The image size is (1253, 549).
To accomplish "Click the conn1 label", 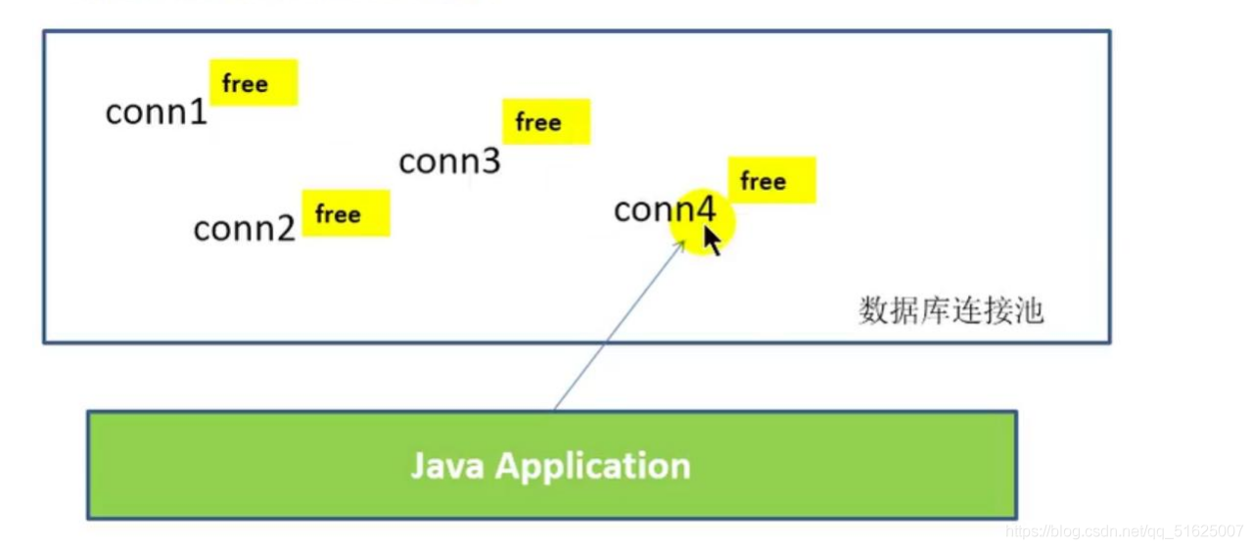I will (157, 113).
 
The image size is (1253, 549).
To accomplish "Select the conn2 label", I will (245, 229).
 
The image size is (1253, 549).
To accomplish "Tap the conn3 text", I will (449, 161).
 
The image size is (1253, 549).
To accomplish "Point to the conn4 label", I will (665, 209).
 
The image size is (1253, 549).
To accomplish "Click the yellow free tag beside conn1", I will (253, 83).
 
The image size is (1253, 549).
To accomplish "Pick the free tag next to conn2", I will (346, 213).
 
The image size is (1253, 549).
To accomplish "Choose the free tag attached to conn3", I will (545, 122).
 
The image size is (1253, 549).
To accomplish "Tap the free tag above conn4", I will (771, 181).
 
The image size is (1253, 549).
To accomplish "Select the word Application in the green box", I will (592, 467).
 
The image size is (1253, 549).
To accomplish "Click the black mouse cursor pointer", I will (712, 240).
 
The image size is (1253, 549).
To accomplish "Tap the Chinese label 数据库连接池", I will (951, 311).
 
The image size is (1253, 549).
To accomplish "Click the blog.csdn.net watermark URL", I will (1125, 530).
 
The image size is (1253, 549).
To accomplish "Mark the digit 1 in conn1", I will (199, 113).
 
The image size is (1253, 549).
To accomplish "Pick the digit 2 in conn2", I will (285, 229).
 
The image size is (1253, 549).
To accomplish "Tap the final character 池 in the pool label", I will (1031, 311).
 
